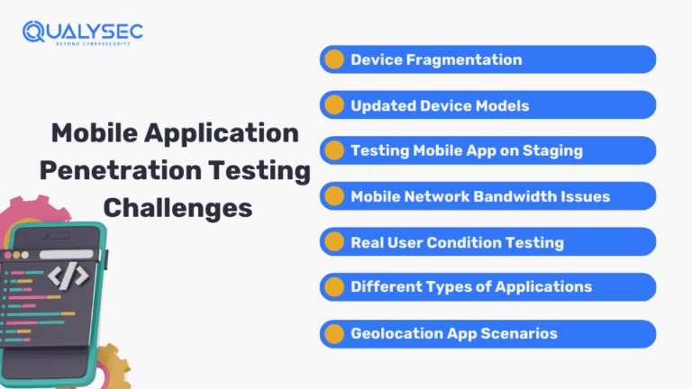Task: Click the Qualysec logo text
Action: click(x=91, y=32)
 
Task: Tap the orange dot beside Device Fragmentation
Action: click(x=334, y=60)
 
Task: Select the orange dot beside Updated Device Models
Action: click(x=334, y=105)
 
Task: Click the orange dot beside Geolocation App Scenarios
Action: click(x=334, y=333)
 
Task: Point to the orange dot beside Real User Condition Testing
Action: click(x=334, y=242)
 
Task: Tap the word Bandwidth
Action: click(x=520, y=196)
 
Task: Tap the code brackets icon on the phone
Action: click(x=68, y=274)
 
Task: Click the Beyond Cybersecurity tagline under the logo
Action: click(x=89, y=45)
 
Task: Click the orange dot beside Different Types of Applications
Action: click(x=334, y=287)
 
